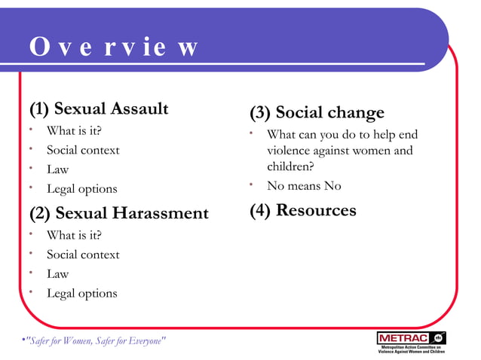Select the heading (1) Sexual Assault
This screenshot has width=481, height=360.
[99, 108]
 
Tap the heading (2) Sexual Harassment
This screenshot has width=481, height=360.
[118, 213]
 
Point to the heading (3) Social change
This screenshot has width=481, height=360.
[317, 113]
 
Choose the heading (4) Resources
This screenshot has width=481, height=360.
[303, 210]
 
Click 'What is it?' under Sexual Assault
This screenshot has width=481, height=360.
[74, 131]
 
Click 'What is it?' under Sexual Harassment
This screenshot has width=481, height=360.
[74, 235]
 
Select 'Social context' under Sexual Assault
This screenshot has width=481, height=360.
[83, 150]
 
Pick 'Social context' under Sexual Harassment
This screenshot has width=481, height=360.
[83, 255]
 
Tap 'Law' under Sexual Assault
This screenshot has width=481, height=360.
[57, 169]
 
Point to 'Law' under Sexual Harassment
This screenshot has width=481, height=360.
[57, 274]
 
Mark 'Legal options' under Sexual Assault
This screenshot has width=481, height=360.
[82, 189]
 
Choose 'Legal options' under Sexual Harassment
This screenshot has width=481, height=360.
[82, 293]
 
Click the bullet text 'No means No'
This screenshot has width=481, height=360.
[304, 186]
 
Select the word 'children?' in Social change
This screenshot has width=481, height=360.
[290, 166]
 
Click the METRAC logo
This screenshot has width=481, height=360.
[411, 341]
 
